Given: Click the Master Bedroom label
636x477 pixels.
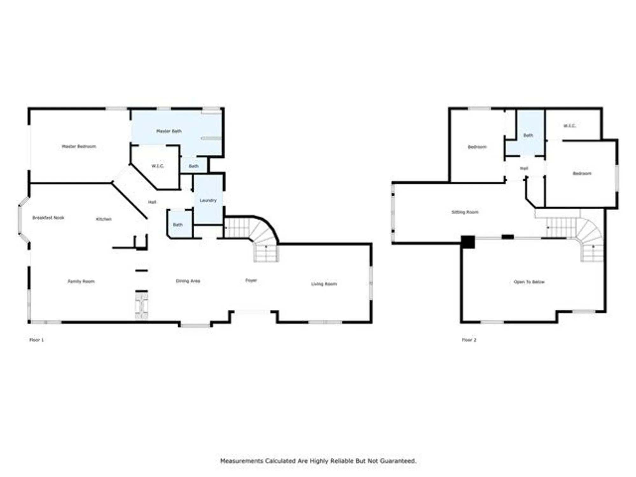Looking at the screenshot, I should [79, 146].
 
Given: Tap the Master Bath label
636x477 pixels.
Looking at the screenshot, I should [169, 131].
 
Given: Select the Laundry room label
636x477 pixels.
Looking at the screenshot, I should [208, 200].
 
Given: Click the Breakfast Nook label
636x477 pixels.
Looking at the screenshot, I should [48, 218].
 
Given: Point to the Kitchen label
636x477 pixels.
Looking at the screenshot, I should [104, 219].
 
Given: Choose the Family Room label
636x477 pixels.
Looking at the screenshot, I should [81, 281].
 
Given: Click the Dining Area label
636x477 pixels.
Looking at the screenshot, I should [188, 281].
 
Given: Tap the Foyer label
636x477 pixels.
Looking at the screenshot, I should [251, 280].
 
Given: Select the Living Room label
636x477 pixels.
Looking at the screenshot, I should [324, 284].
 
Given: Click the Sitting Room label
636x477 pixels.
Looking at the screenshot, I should [465, 212].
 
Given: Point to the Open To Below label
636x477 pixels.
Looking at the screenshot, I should [529, 282].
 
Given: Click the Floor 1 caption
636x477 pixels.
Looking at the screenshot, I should [37, 340].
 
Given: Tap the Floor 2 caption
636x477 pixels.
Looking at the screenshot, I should [469, 340].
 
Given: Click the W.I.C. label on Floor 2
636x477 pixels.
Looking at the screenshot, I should [570, 126].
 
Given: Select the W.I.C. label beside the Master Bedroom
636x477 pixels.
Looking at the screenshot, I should [158, 166].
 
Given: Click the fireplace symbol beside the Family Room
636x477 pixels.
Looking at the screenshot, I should [142, 306].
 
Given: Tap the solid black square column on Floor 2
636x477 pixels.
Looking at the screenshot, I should [468, 242].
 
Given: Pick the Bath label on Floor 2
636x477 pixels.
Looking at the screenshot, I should [528, 135].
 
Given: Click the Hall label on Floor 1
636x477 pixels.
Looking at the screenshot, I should [152, 202].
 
